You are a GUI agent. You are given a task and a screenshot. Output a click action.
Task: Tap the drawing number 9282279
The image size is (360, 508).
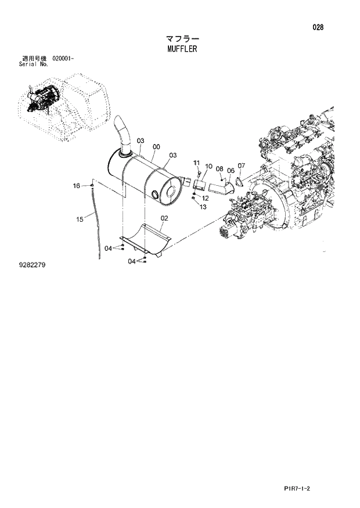coord(32,265)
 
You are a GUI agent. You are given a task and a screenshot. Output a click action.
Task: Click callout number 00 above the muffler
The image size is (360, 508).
coord(155,147)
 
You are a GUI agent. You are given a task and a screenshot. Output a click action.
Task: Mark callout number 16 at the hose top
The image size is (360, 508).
coord(76,186)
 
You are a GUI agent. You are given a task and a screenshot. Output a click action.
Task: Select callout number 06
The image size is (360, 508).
coord(231,171)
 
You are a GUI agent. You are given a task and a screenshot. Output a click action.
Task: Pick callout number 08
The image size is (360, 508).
coord(219,169)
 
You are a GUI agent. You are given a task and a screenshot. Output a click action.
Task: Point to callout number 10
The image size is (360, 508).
coord(208,167)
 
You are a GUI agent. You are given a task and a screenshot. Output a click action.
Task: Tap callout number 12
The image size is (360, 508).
coord(205,198)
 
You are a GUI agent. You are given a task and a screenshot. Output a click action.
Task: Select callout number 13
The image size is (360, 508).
coord(203,206)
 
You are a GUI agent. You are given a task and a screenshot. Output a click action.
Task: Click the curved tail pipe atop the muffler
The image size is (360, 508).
coord(123,132)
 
